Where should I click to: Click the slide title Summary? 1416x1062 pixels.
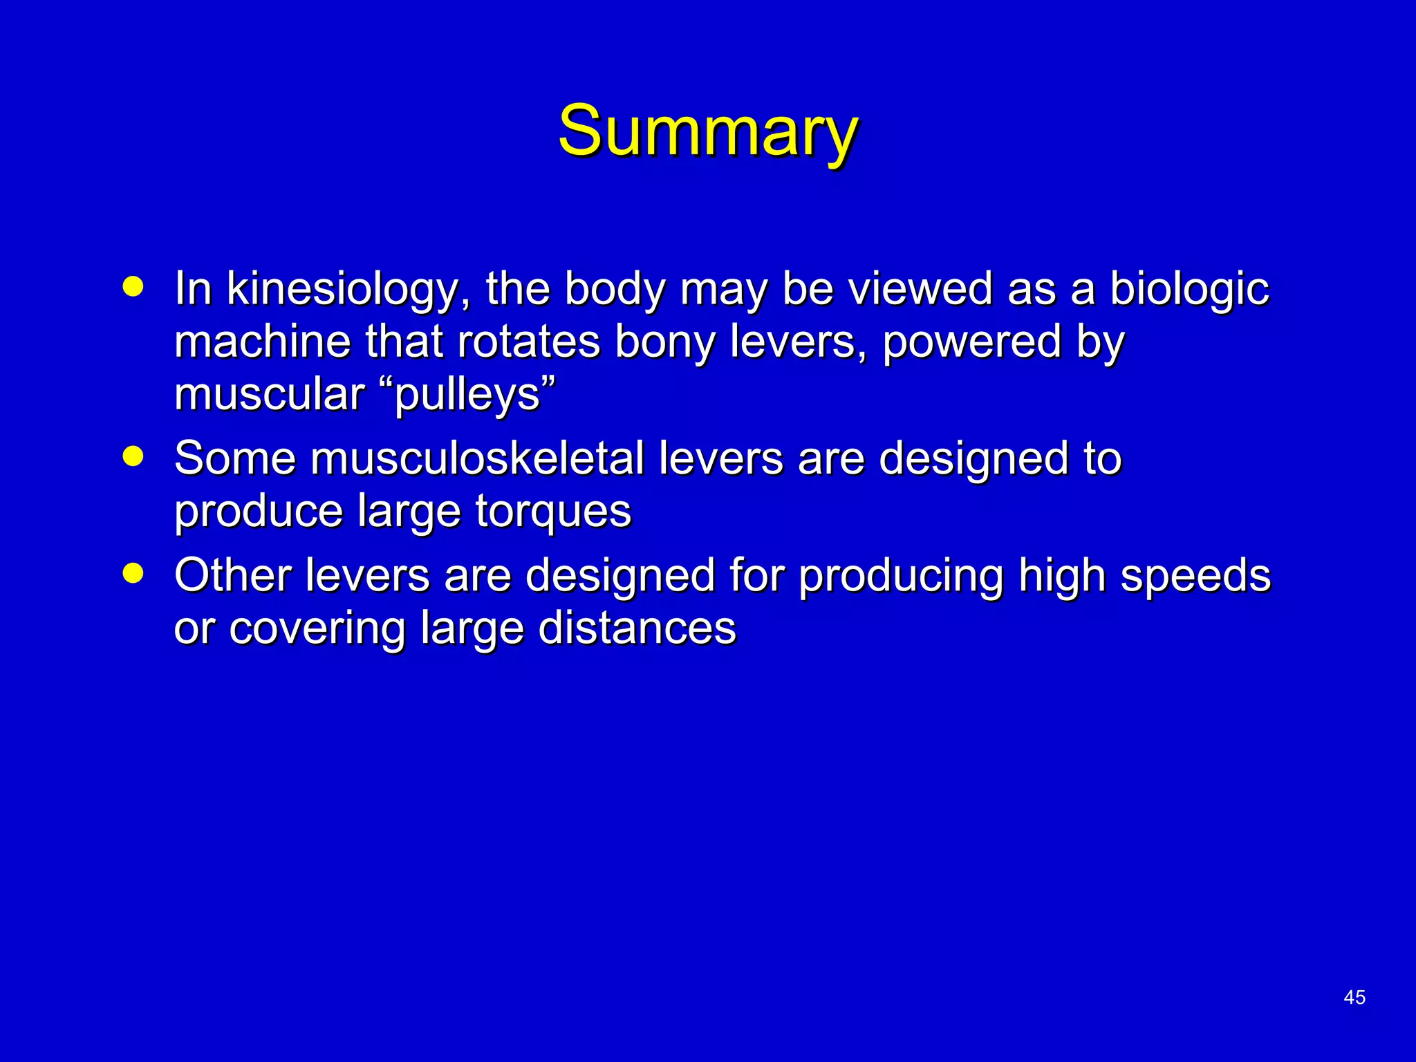(708, 131)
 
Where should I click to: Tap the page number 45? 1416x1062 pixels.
(1354, 997)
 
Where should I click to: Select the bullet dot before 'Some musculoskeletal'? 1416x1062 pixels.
(133, 456)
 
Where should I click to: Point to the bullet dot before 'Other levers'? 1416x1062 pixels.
(133, 573)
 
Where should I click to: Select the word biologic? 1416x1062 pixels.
(1189, 289)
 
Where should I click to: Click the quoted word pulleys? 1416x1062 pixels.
(467, 395)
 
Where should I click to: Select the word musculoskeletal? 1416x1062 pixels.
(477, 458)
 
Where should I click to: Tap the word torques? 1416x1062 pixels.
(553, 512)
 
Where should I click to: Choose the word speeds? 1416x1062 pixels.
(1195, 577)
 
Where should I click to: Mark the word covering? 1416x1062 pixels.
(317, 630)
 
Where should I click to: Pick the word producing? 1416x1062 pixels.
(901, 577)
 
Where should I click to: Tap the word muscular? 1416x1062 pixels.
(269, 395)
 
